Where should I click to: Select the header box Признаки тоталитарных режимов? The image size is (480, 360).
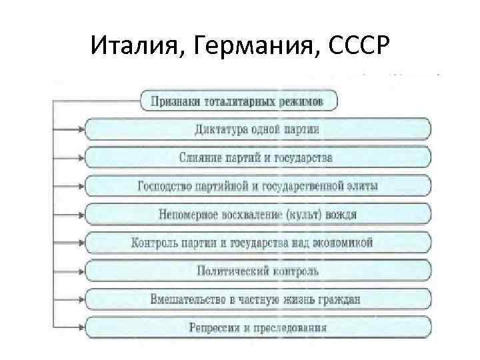pyautogui.click(x=237, y=102)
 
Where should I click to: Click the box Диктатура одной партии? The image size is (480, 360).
pyautogui.click(x=257, y=129)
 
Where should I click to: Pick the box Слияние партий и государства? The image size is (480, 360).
pyautogui.click(x=257, y=158)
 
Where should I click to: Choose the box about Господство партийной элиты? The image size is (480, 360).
pyautogui.click(x=257, y=185)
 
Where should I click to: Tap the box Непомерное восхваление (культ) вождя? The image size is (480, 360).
pyautogui.click(x=257, y=215)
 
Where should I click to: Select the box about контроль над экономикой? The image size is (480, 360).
pyautogui.click(x=257, y=243)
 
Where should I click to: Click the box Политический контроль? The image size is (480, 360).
pyautogui.click(x=257, y=271)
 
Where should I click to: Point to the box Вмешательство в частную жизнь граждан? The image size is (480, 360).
pyautogui.click(x=257, y=299)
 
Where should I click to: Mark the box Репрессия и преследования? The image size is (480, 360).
pyautogui.click(x=257, y=327)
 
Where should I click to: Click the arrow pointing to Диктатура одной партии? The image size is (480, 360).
pyautogui.click(x=78, y=129)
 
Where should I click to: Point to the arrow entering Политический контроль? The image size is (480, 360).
pyautogui.click(x=78, y=271)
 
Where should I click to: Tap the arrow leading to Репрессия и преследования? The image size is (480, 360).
pyautogui.click(x=78, y=327)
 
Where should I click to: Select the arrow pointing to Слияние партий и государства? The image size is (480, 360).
pyautogui.click(x=78, y=158)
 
